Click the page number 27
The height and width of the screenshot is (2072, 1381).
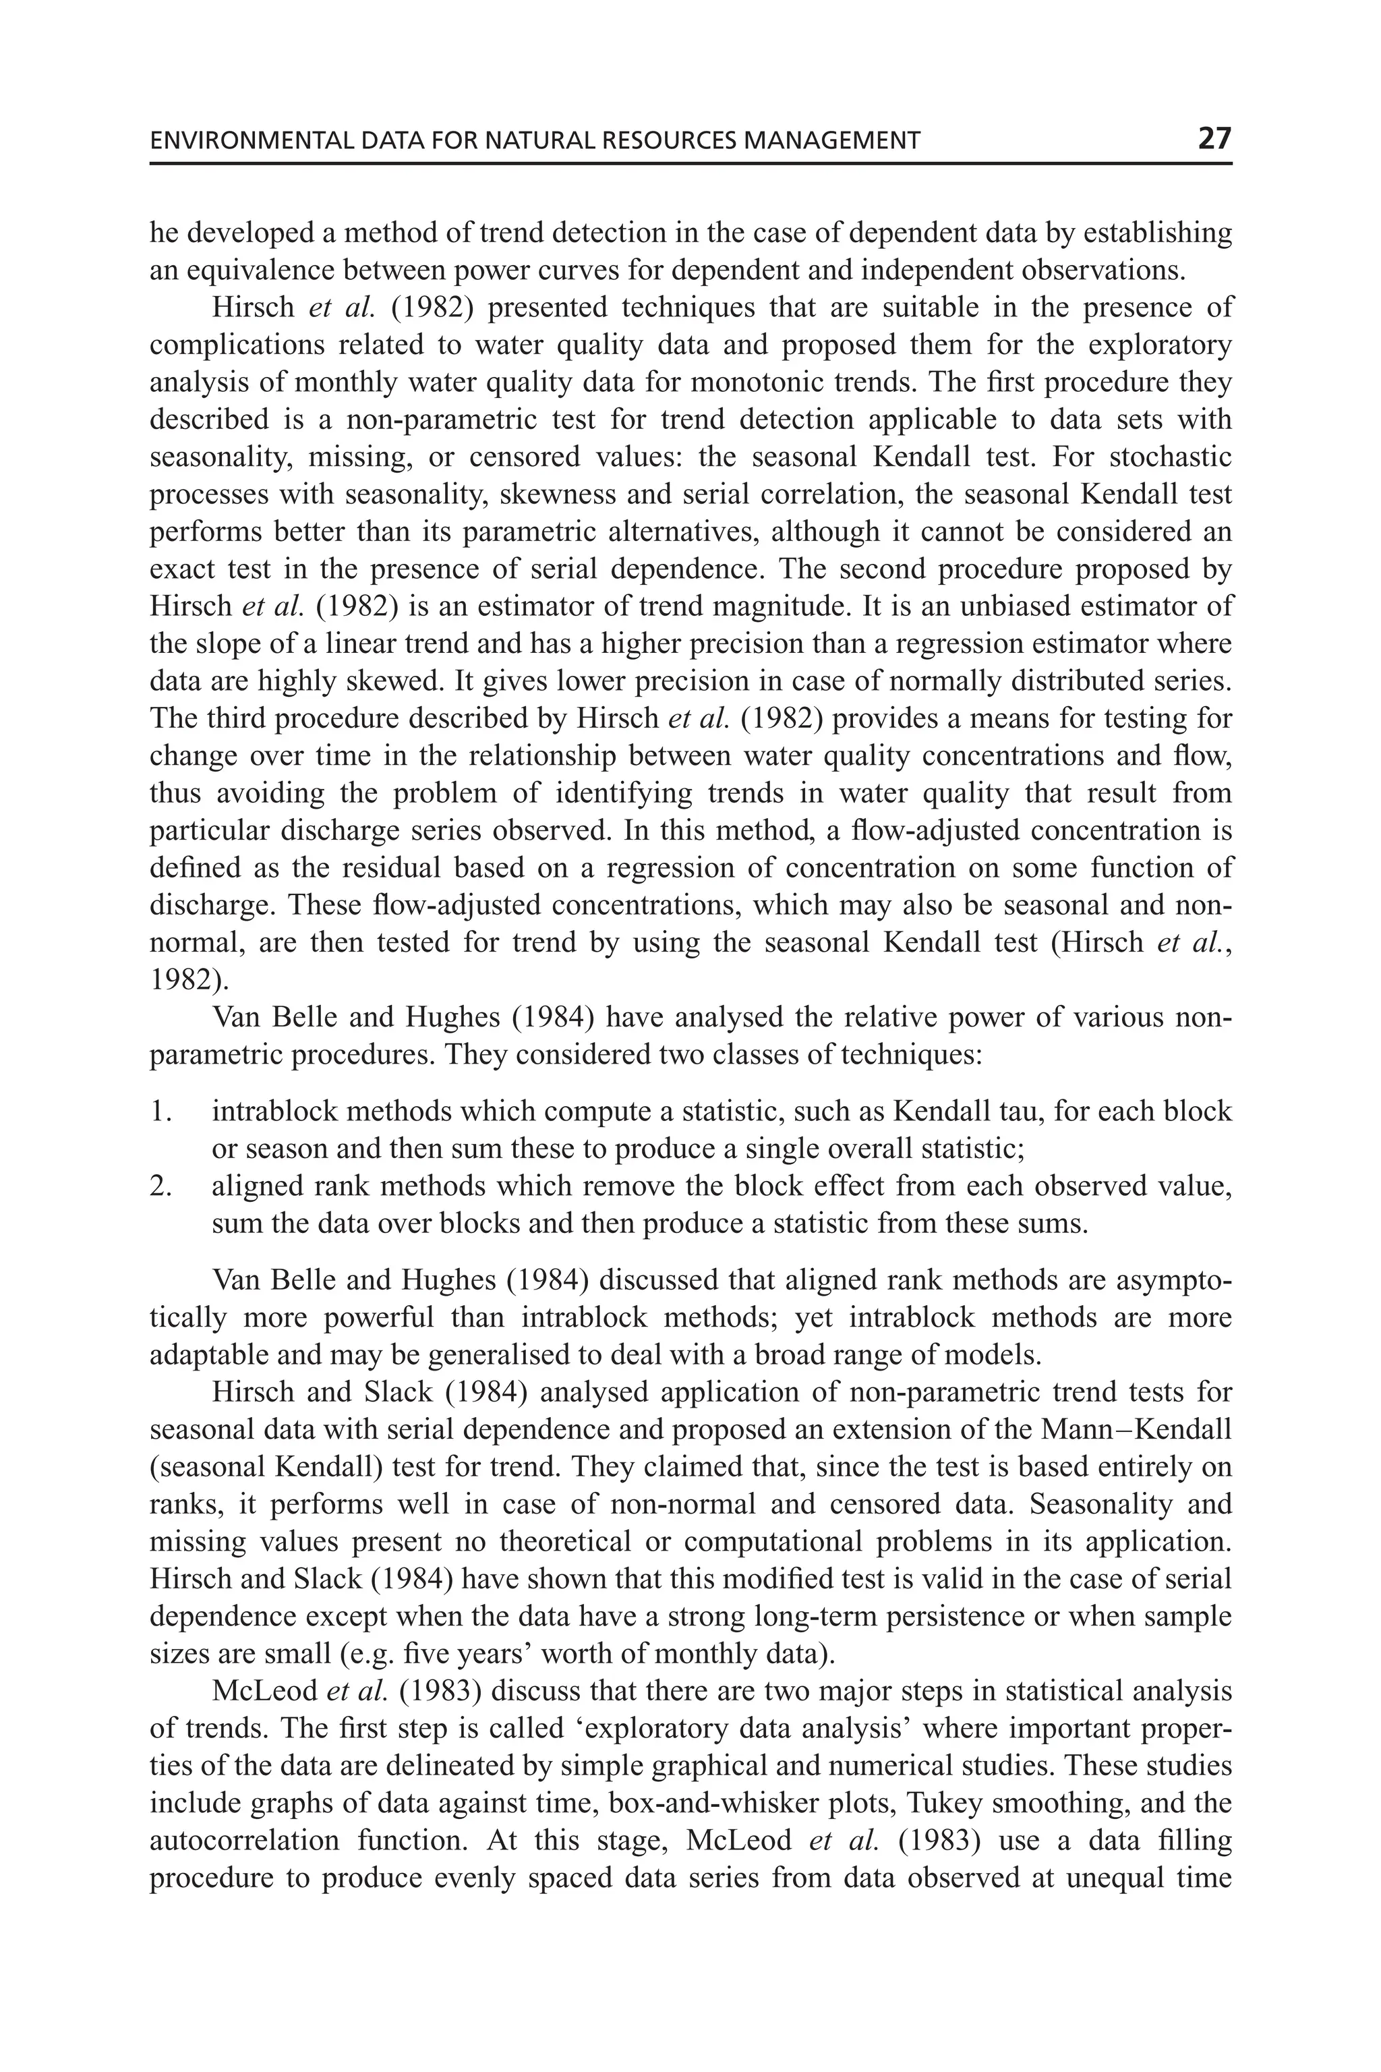[1214, 138]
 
